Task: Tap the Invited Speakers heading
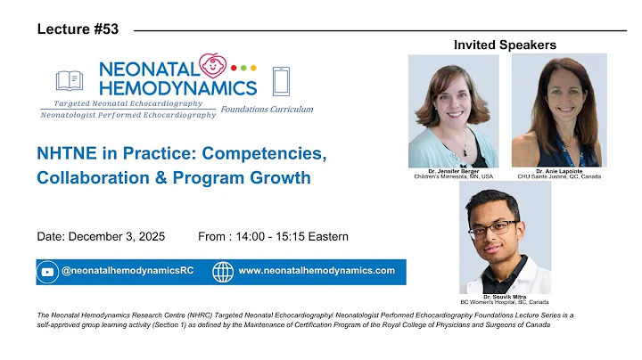click(x=505, y=45)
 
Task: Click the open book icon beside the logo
click(x=69, y=81)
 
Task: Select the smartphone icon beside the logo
click(x=282, y=81)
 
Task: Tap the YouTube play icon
click(x=47, y=272)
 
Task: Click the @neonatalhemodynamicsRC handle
click(x=124, y=271)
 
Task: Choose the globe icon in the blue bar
click(x=222, y=272)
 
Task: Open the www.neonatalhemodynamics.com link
click(x=317, y=271)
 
